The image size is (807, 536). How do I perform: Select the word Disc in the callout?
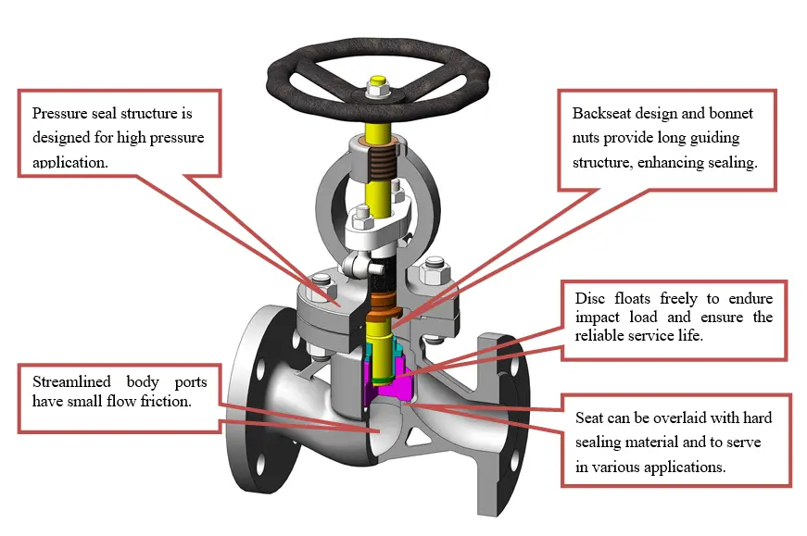[589, 298]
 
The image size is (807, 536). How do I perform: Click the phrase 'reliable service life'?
[639, 335]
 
